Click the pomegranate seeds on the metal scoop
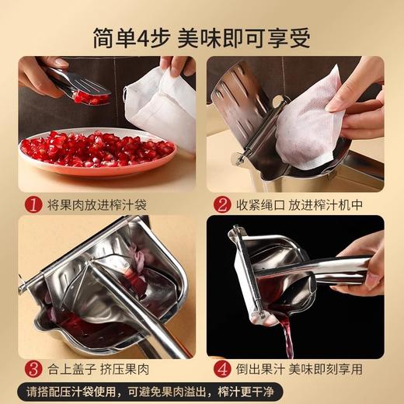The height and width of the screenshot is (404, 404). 91,98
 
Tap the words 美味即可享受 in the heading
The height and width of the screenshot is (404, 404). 246,36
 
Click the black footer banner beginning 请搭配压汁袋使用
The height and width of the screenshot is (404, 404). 202,391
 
